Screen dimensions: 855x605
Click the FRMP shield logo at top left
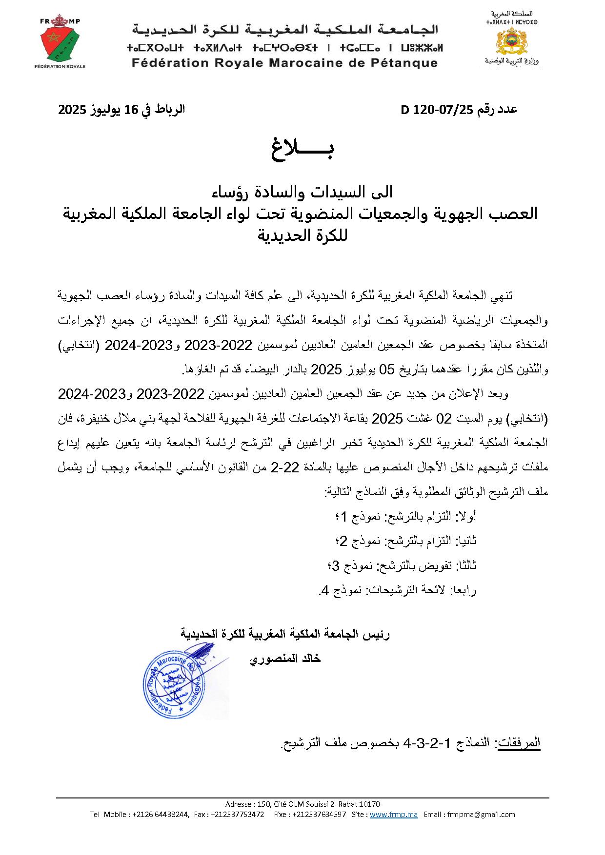click(62, 43)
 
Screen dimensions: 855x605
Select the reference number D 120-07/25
click(437, 110)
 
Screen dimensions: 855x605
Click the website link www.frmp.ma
click(394, 815)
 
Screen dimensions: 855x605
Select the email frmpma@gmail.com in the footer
click(490, 815)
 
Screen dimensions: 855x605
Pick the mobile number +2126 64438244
click(161, 815)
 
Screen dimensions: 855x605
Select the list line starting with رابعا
click(398, 590)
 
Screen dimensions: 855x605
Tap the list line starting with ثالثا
click(402, 565)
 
